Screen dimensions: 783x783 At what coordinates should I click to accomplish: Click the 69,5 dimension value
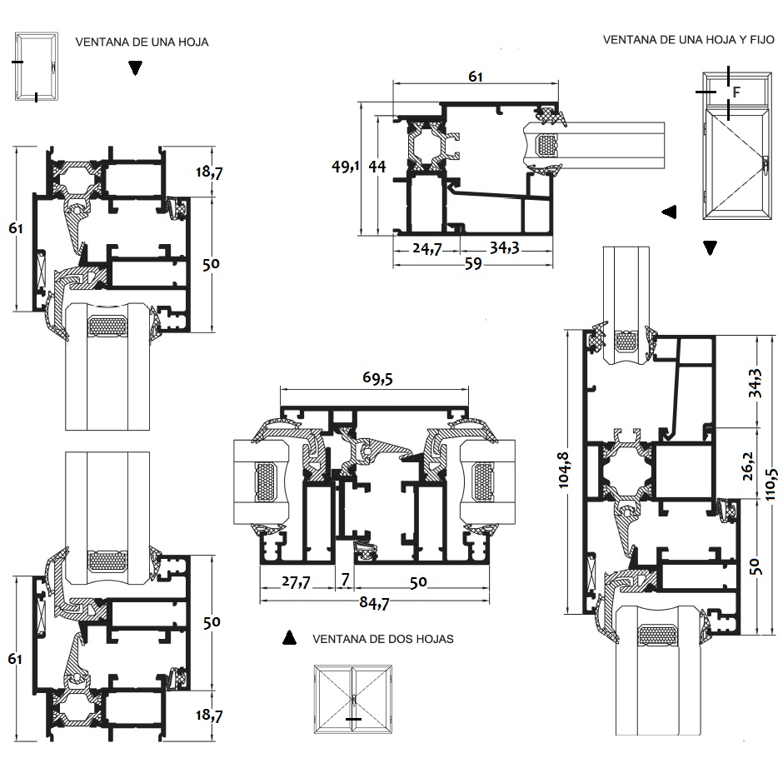pos(377,379)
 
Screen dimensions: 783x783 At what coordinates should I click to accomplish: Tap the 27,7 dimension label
pos(294,582)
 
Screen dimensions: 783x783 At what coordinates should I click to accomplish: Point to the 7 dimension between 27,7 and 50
pos(344,581)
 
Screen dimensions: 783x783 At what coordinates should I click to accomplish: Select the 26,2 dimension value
pos(753,462)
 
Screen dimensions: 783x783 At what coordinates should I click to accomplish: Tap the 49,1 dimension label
pos(345,167)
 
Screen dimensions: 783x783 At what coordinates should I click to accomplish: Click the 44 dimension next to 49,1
pos(377,167)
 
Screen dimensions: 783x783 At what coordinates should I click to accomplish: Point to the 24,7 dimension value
pos(427,248)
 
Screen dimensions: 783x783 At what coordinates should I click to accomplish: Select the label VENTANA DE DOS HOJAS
pos(382,640)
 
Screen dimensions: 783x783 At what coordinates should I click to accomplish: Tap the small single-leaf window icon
pos(37,67)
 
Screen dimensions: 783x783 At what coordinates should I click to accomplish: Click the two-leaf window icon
pos(352,700)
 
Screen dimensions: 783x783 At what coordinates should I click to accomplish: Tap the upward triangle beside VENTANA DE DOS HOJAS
pos(289,638)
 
